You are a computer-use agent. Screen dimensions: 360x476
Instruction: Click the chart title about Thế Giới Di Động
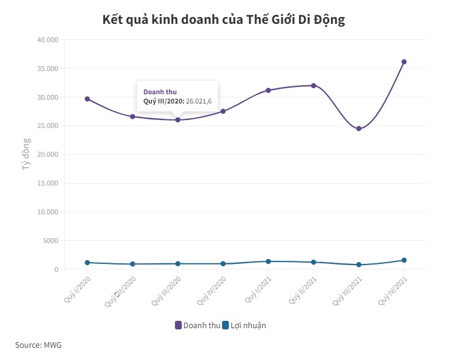pyautogui.click(x=225, y=20)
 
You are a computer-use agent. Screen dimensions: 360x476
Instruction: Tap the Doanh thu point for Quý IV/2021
pyautogui.click(x=404, y=62)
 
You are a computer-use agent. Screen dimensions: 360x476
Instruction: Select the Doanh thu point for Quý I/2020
pyautogui.click(x=87, y=99)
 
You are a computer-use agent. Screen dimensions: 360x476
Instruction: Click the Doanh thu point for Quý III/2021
pyautogui.click(x=359, y=129)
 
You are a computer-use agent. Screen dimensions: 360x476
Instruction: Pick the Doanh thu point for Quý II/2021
pyautogui.click(x=313, y=86)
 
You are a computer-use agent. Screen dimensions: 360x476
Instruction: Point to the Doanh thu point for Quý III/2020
pyautogui.click(x=178, y=119)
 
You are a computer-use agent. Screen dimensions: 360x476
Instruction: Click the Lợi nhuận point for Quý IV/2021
pyautogui.click(x=404, y=260)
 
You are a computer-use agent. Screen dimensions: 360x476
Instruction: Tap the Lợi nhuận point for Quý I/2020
pyautogui.click(x=87, y=263)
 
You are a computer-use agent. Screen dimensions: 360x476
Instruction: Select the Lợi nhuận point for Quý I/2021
pyautogui.click(x=268, y=261)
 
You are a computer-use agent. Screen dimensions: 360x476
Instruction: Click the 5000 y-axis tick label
pyautogui.click(x=50, y=241)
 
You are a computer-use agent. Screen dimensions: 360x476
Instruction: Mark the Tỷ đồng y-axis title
pyautogui.click(x=26, y=155)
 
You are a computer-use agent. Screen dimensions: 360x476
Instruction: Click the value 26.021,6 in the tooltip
pyautogui.click(x=198, y=101)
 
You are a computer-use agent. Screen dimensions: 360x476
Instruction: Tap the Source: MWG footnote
pyautogui.click(x=39, y=345)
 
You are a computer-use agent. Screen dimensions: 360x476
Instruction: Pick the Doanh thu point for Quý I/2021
pyautogui.click(x=268, y=90)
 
